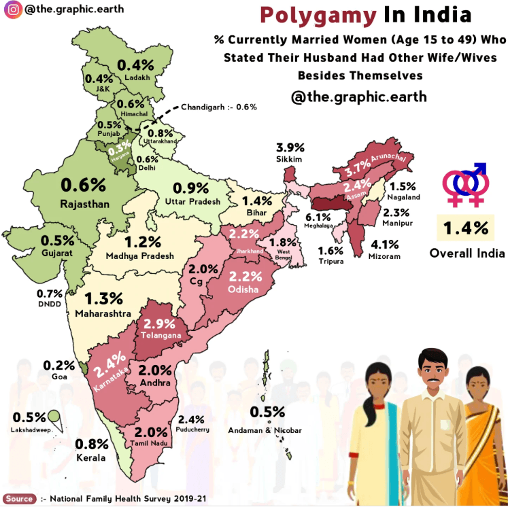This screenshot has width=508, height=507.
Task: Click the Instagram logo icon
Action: click(x=12, y=11)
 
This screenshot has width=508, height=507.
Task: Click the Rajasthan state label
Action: click(x=84, y=203)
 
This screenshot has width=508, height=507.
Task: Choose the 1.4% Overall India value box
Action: click(x=466, y=228)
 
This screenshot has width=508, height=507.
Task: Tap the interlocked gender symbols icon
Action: click(x=465, y=184)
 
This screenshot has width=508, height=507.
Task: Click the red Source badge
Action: click(x=19, y=498)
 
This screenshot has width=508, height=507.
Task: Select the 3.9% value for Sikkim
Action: click(x=290, y=147)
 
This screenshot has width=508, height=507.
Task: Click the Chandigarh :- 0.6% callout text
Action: click(x=219, y=107)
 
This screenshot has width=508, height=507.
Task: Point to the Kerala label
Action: click(x=91, y=458)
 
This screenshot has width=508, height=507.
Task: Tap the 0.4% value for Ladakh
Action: click(x=136, y=65)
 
